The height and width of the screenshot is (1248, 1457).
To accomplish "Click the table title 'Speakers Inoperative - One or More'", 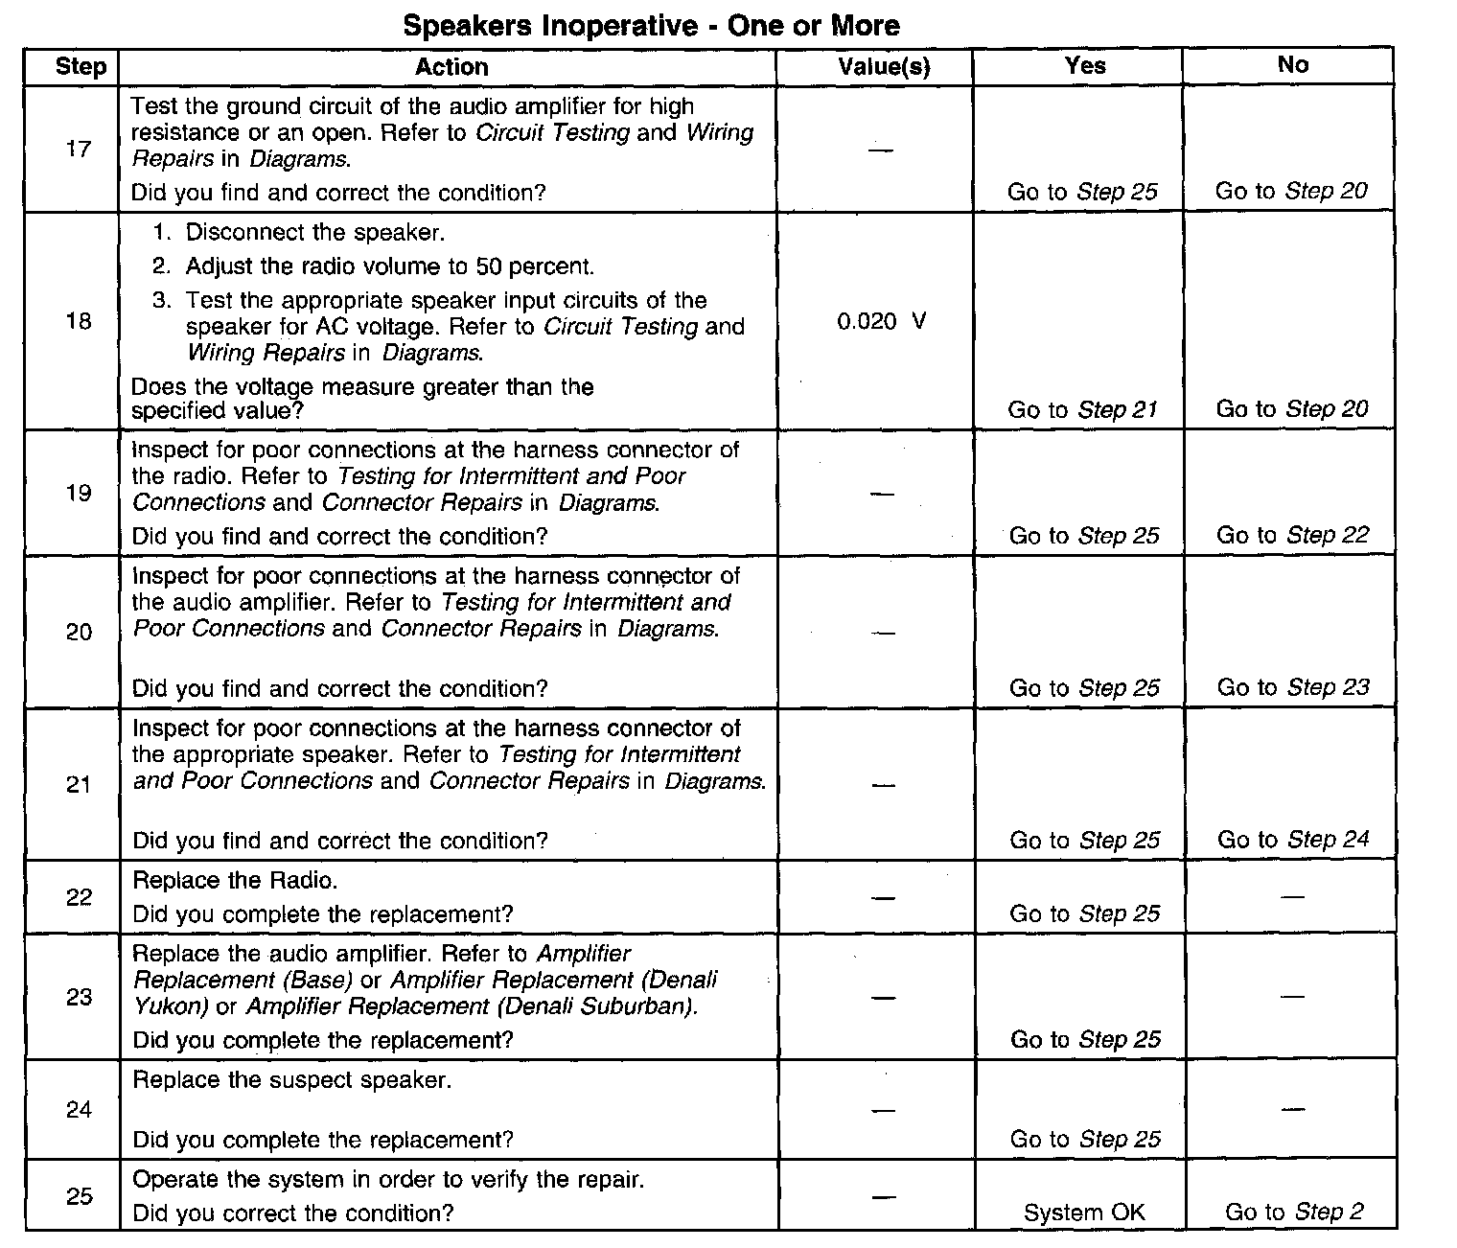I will click(x=651, y=25).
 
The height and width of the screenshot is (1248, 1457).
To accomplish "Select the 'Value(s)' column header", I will click(x=884, y=66).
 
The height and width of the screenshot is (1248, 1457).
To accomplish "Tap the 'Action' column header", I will click(x=451, y=66).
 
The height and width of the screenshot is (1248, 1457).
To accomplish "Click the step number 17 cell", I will click(x=79, y=149).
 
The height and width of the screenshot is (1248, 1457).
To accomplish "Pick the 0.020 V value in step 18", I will click(x=881, y=321).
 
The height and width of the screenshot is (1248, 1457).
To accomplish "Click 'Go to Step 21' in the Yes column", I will click(x=1082, y=410).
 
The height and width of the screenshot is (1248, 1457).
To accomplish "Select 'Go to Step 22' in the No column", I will click(x=1292, y=535).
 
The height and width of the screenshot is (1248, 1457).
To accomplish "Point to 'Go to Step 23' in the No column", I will click(x=1293, y=687).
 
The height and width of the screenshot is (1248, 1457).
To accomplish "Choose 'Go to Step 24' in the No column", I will click(x=1293, y=840).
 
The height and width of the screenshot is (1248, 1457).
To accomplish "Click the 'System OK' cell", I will click(x=1084, y=1213).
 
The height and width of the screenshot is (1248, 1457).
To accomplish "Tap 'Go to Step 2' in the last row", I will click(x=1294, y=1212).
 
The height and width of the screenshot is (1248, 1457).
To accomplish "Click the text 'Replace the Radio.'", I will click(x=235, y=880).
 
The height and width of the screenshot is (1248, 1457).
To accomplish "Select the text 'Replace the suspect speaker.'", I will click(x=291, y=1080).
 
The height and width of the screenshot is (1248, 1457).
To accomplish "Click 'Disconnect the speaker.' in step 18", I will click(x=315, y=232).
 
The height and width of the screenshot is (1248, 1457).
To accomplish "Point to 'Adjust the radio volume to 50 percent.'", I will click(x=390, y=266).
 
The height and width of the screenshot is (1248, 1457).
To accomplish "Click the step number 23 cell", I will click(x=79, y=997).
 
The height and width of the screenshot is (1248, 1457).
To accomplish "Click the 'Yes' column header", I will click(x=1084, y=65).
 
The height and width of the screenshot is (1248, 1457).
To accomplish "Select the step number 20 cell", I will click(x=79, y=632).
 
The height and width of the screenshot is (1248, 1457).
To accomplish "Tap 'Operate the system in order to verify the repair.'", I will click(x=388, y=1179).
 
